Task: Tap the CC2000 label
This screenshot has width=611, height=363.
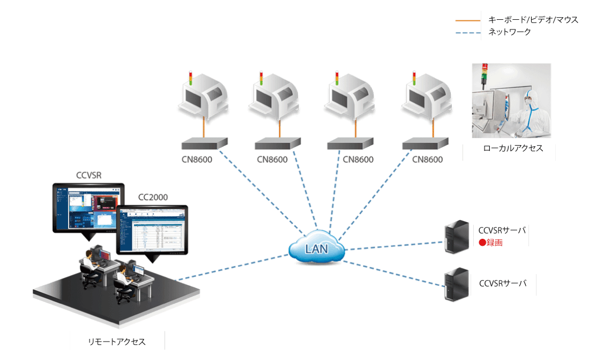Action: pos(153,197)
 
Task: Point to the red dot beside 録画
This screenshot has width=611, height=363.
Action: pos(482,242)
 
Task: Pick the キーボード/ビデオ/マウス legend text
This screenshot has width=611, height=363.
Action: pos(533,20)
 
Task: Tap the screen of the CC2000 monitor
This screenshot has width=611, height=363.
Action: pos(152,230)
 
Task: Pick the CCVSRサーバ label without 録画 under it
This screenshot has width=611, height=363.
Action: pos(502,283)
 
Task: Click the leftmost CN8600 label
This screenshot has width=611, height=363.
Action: pos(197,160)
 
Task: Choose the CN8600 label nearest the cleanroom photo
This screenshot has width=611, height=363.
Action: pos(427,160)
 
